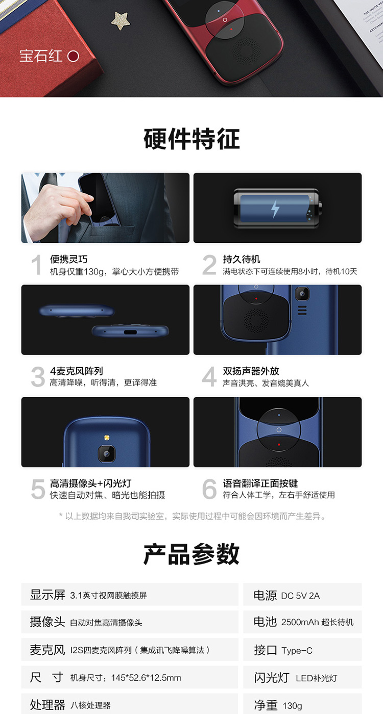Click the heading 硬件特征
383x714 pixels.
coord(192,139)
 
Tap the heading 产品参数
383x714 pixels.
coord(192,554)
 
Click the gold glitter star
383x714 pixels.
coord(121,20)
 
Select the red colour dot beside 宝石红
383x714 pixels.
coord(73,57)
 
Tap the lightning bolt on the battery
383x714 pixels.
coord(275,209)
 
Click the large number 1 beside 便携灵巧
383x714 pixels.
coord(37,265)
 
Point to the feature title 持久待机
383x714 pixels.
coord(242,259)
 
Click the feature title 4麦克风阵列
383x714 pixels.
coord(76,371)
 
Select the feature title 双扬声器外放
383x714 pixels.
coord(251,371)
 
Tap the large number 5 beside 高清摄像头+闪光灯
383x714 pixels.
coord(38,489)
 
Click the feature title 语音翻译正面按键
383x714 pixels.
coord(260,483)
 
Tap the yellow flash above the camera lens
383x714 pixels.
coord(107,438)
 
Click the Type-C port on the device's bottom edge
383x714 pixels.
coord(130,332)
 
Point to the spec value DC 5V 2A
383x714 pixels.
coord(300,596)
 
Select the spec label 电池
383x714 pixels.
coord(265,622)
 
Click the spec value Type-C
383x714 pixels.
coord(297,651)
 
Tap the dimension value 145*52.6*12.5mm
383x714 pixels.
coord(146,678)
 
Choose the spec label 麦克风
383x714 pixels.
coord(47,650)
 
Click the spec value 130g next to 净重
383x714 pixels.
coord(292,706)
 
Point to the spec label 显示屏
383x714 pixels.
coord(47,595)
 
